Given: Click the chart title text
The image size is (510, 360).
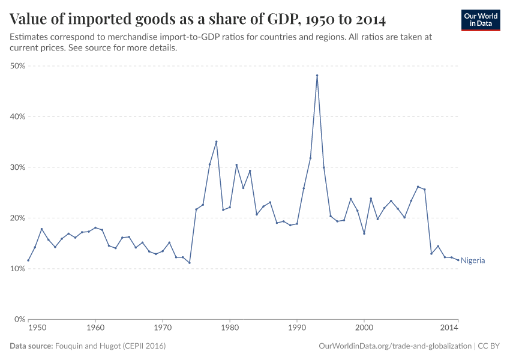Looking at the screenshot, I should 198,19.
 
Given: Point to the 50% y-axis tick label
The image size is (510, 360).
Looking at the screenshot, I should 17,66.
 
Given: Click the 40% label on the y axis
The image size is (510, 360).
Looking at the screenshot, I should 17,116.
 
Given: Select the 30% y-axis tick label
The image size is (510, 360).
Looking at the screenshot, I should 17,167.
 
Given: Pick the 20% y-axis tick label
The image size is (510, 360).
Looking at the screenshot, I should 17,218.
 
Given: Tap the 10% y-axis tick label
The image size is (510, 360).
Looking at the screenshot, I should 17,269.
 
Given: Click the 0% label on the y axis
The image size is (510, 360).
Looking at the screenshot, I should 19,319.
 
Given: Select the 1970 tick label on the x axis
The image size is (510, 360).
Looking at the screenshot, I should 163,328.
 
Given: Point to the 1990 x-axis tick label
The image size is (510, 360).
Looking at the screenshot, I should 297,328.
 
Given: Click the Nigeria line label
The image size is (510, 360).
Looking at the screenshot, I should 473,260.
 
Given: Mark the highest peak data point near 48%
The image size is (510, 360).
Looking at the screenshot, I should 317,76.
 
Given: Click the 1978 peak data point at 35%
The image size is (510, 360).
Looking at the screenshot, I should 216,142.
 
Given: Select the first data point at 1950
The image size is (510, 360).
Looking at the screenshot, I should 28,260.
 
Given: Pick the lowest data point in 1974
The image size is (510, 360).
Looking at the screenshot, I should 190,263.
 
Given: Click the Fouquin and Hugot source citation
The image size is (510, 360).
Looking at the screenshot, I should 110,346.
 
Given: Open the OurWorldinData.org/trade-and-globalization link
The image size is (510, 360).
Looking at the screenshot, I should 395,346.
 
